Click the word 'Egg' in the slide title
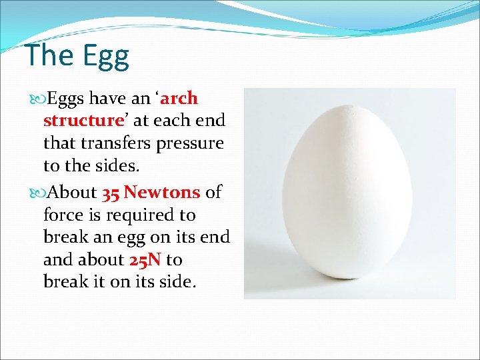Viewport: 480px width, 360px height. tap(104, 57)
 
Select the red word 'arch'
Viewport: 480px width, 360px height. tap(179, 99)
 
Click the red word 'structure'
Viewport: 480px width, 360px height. tap(81, 121)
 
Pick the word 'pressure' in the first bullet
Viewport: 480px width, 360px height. tap(193, 143)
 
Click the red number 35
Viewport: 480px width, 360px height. tap(110, 193)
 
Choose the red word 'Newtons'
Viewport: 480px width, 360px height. tap(162, 193)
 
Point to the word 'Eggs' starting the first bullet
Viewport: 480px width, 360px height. tap(65, 99)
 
